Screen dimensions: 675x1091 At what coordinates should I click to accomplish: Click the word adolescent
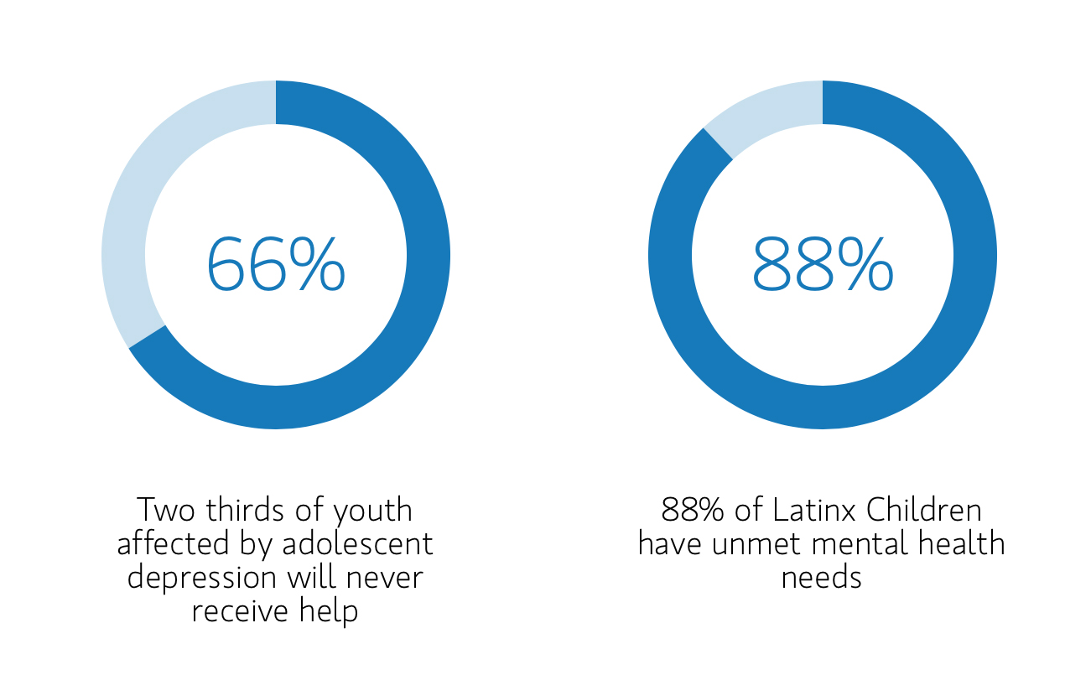(357, 543)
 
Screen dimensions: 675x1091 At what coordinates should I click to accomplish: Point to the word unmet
(750, 544)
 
